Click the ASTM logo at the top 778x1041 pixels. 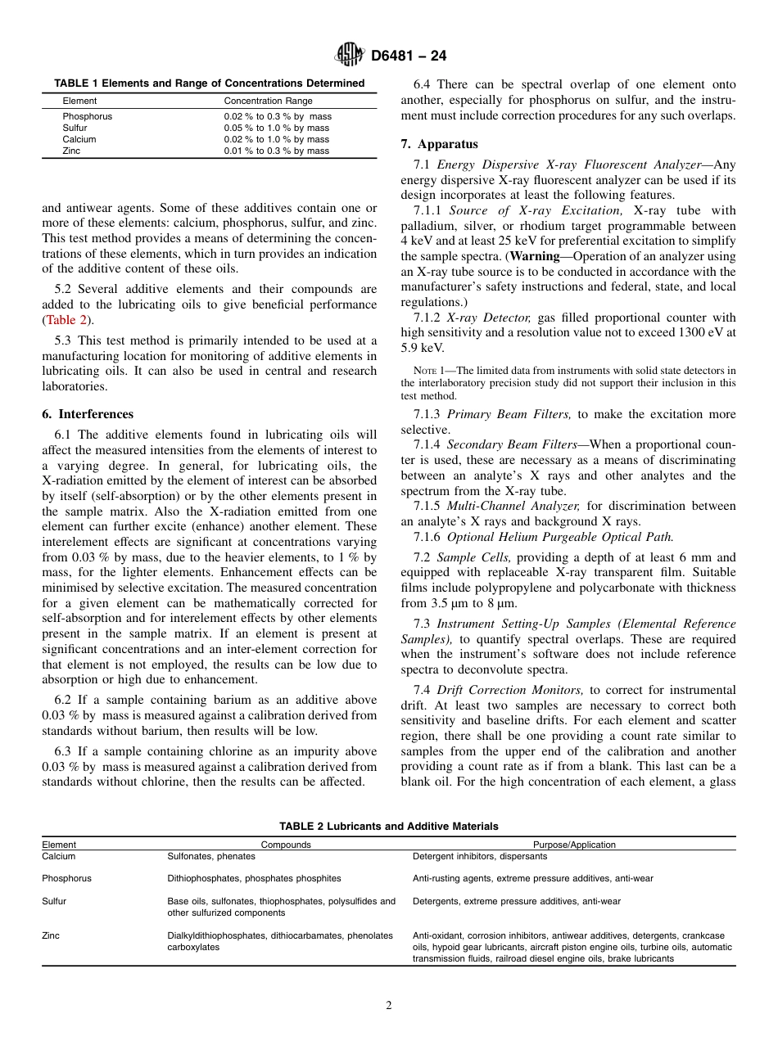coord(350,56)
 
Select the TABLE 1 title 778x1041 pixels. coord(209,83)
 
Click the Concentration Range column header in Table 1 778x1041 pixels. coord(268,101)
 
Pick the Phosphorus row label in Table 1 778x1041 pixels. coord(87,117)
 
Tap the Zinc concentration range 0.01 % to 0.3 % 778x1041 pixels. coord(276,151)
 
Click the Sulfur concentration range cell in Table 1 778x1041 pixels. coord(276,128)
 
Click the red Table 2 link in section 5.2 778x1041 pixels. coord(67,320)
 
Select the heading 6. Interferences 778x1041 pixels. coord(87,414)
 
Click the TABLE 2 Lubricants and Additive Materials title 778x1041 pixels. coord(388,827)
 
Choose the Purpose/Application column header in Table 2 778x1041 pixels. coord(574,845)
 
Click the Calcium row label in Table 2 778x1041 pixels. coord(58,857)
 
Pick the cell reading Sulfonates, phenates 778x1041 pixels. coord(210,857)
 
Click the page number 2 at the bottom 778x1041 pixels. coord(389,1006)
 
